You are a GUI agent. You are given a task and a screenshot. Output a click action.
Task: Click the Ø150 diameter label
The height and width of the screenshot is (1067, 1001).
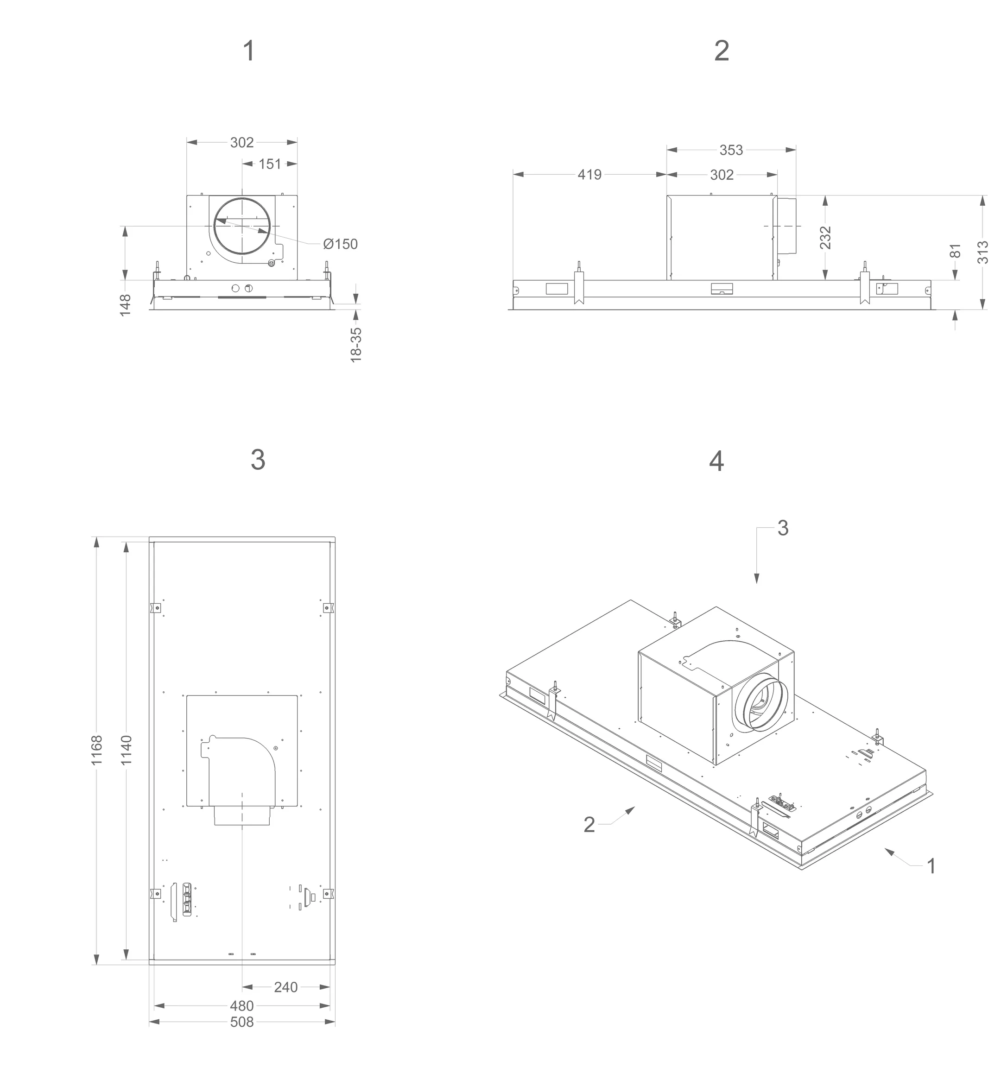coord(340,244)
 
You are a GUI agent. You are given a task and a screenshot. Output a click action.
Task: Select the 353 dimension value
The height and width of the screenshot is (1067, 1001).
coord(731,150)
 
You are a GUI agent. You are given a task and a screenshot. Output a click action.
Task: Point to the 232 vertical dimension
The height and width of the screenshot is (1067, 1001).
coord(825,237)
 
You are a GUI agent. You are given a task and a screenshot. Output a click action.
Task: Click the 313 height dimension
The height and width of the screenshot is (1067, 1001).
coord(982,252)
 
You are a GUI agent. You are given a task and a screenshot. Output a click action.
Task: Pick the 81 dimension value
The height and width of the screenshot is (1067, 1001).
coord(956,251)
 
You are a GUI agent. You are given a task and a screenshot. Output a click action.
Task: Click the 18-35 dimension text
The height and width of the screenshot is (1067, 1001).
coord(356,345)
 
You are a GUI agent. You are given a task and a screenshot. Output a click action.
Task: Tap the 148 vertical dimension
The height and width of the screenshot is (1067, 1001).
coord(125,304)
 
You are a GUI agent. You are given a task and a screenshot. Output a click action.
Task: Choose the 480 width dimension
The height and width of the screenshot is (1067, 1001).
coord(241,1006)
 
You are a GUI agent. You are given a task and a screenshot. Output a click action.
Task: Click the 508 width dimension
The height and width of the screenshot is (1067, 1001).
coord(241,1022)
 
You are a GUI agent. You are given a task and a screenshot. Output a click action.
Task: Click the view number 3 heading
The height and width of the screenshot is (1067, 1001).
coord(258,460)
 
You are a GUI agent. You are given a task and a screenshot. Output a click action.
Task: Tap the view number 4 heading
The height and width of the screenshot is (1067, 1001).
coord(716,461)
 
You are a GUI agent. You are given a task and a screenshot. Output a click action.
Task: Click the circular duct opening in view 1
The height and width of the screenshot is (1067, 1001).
coord(242,226)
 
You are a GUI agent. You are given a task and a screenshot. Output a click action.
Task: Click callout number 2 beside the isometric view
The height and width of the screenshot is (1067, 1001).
coord(589,825)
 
